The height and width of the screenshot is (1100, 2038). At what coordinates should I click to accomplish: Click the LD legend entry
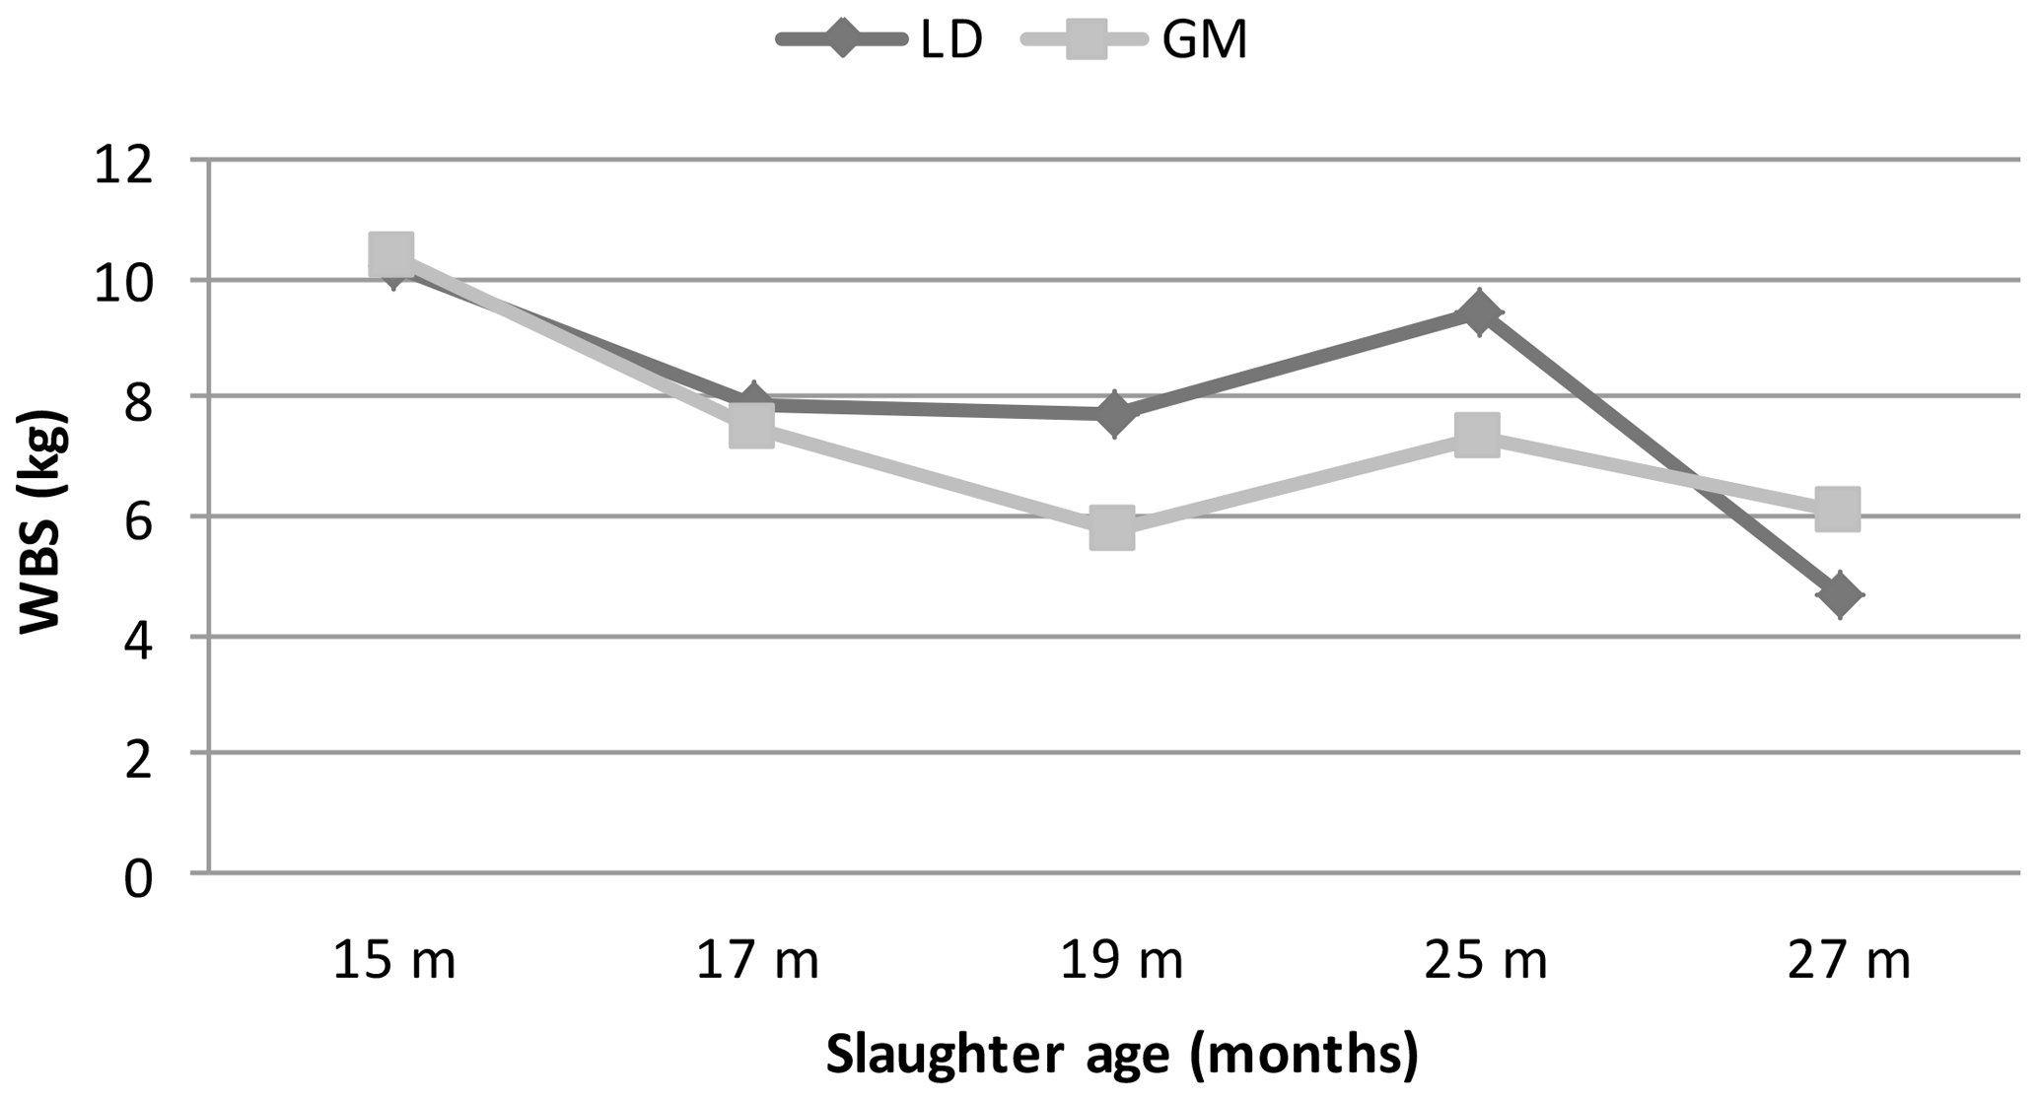880,41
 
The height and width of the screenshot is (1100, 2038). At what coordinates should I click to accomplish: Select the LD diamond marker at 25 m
1478,313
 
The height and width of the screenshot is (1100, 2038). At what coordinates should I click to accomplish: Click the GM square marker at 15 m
390,253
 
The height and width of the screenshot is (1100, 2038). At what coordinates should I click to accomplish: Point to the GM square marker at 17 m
751,426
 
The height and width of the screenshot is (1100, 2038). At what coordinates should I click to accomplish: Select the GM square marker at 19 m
1112,528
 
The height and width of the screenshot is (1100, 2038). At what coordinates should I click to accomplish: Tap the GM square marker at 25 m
1477,435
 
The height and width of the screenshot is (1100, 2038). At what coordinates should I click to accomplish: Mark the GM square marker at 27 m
1839,509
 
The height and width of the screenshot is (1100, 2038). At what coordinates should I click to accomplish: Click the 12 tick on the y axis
123,166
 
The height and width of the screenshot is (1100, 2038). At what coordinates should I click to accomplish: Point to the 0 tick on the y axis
139,877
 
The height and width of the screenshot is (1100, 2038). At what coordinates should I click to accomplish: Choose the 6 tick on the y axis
139,521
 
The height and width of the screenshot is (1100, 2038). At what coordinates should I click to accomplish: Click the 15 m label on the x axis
394,961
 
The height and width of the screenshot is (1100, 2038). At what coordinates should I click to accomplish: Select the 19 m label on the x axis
1121,961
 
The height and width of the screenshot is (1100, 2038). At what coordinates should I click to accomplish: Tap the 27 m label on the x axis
1849,961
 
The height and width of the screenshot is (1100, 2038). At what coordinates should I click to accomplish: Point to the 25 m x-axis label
1485,961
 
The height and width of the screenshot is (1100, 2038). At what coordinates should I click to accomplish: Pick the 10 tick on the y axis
123,285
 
